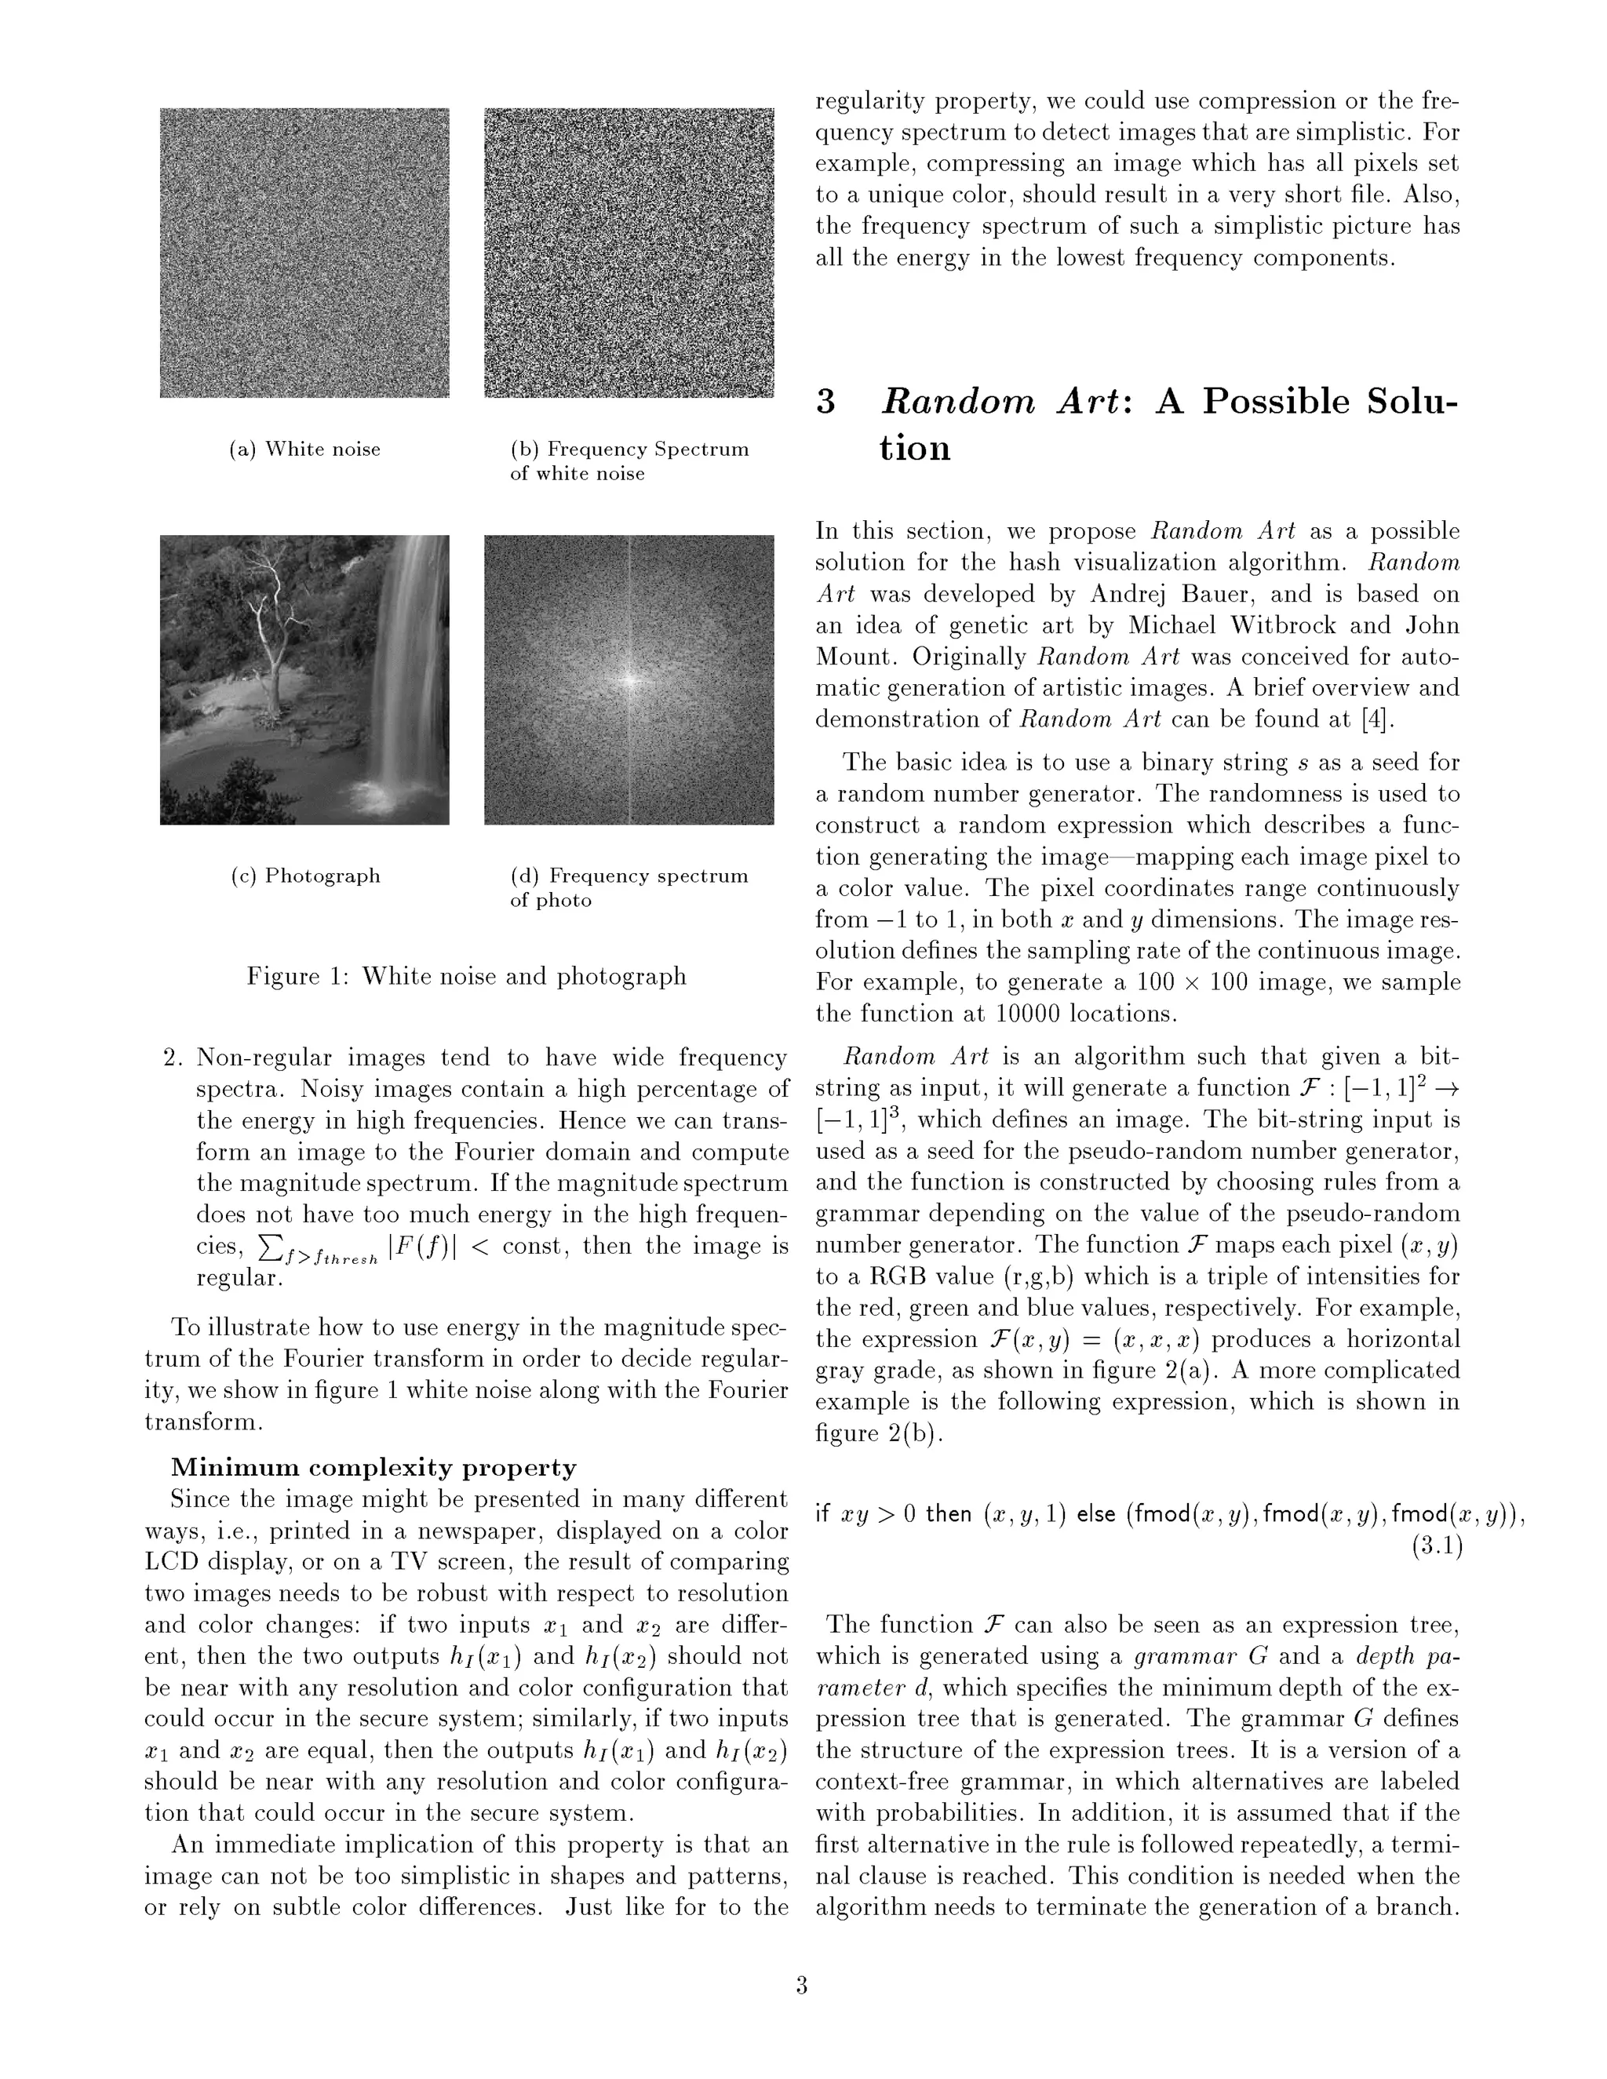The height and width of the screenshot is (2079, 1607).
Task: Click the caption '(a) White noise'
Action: [304, 450]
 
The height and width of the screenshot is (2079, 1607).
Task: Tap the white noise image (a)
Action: [304, 253]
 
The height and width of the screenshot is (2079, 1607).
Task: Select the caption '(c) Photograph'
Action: [304, 876]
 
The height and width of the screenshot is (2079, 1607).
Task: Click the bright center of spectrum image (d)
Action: [629, 679]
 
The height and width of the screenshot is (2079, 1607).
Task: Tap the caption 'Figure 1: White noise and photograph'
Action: [467, 977]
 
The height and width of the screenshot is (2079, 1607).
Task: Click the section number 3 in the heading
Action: [825, 402]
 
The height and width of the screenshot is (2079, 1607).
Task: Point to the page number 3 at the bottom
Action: [802, 1986]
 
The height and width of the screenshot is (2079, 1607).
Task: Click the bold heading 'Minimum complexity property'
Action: [374, 1468]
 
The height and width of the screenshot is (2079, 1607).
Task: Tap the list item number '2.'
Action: [173, 1058]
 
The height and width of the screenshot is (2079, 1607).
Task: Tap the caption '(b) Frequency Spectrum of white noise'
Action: [629, 461]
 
